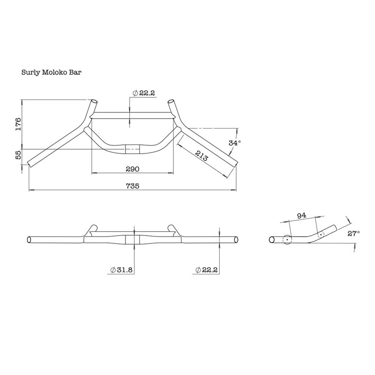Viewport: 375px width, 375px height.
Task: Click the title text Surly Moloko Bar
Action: point(51,72)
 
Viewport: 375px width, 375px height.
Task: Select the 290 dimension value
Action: point(132,169)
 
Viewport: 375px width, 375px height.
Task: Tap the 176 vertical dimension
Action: point(18,124)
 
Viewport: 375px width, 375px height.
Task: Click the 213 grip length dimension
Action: point(201,155)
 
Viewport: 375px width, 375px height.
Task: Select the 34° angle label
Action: point(234,142)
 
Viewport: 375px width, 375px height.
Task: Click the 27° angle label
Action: point(353,233)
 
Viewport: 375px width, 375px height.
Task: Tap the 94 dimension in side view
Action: point(301,215)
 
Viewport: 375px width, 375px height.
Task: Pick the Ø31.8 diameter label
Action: point(122,270)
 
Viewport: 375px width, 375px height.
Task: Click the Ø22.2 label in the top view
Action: point(144,93)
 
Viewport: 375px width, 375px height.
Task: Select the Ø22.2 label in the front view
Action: point(207,270)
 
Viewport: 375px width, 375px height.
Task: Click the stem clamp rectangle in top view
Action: point(132,148)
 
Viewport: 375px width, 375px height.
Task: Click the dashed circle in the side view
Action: point(320,235)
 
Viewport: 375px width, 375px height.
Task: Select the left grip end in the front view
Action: point(29,239)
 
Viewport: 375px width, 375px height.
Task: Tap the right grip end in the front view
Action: point(236,239)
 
